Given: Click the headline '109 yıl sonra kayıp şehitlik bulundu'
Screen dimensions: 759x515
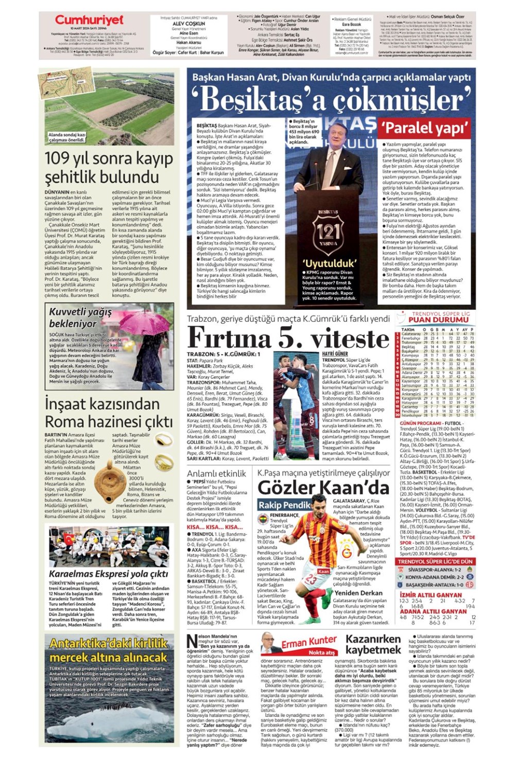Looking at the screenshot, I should (x=108, y=167).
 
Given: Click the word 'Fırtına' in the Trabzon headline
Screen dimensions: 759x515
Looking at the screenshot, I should (x=229, y=339).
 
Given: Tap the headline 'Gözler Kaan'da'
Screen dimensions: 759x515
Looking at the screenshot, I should (x=323, y=487).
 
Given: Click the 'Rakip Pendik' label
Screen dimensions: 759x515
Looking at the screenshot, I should (x=284, y=505).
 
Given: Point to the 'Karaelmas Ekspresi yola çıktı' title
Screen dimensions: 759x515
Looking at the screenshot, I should (x=108, y=574).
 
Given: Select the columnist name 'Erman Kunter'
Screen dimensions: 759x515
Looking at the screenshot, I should (x=308, y=642).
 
